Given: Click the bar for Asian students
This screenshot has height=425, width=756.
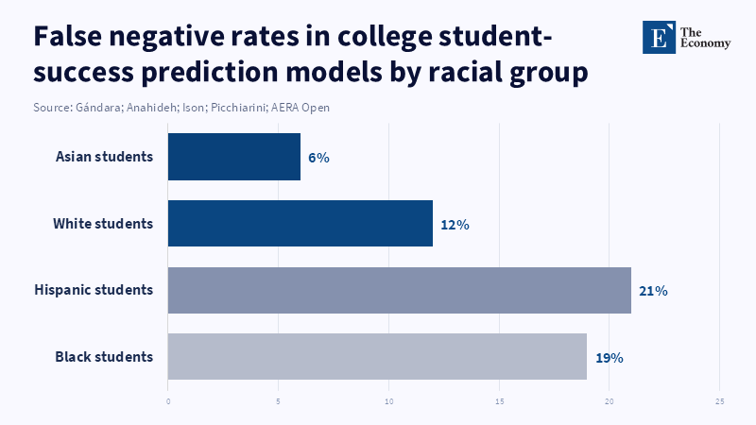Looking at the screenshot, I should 234,157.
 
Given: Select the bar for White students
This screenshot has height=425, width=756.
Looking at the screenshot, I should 301,224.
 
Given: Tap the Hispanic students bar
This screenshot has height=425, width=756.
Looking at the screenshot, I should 399,290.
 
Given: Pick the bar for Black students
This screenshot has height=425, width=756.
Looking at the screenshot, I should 377,357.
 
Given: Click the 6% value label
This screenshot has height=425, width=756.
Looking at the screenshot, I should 318,158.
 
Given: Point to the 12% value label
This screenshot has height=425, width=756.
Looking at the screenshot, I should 455,225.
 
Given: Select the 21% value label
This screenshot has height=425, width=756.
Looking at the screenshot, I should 653,291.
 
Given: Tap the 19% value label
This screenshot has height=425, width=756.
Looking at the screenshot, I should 610,358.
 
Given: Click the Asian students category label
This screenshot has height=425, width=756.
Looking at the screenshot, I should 104,157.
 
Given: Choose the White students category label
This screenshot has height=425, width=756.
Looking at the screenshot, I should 103,224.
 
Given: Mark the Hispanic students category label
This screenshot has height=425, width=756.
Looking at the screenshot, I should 94,290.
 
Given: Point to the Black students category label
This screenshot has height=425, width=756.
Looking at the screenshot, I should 104,357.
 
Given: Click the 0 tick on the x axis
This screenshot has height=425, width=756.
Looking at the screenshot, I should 168,401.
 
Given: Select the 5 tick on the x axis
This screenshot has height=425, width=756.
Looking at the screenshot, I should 279,401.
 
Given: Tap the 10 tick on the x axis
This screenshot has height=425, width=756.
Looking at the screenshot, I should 388,401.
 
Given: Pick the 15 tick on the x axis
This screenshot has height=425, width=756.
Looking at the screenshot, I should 499,401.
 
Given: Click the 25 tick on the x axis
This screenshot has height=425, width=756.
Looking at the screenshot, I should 719,401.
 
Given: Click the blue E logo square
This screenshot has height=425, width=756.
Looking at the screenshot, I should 659,37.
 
